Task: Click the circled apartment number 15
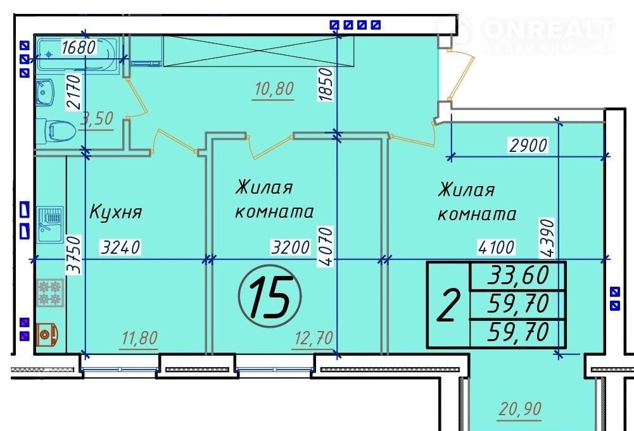click(x=270, y=296)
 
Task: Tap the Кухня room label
click(x=116, y=212)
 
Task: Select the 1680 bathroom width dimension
click(x=79, y=47)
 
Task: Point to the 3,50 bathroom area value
click(x=97, y=119)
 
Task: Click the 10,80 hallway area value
click(x=274, y=89)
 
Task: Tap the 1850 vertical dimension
click(x=326, y=84)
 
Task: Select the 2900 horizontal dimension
click(x=528, y=146)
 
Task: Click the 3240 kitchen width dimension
click(x=120, y=247)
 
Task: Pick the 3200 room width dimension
click(x=290, y=247)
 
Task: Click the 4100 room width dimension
click(x=496, y=247)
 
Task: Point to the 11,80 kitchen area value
click(x=139, y=338)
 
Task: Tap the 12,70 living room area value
click(x=314, y=338)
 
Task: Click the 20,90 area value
click(x=520, y=409)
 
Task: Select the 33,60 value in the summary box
click(x=518, y=275)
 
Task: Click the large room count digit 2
click(x=449, y=305)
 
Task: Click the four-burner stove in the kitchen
click(x=50, y=293)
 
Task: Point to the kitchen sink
click(x=50, y=225)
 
